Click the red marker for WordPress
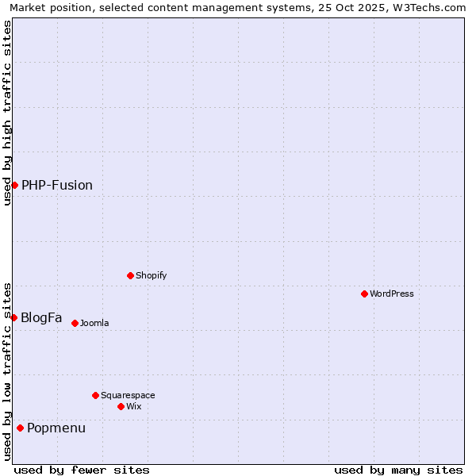tap(364, 294)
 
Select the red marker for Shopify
tap(130, 275)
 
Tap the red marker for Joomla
tap(75, 323)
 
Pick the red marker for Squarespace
tap(95, 395)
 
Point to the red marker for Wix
tap(121, 406)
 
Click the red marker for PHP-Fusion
tap(14, 185)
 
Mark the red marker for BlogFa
tap(13, 317)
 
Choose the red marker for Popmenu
tap(20, 428)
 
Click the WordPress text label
tap(392, 294)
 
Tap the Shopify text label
tap(152, 275)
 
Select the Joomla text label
tap(94, 323)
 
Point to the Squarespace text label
tap(128, 395)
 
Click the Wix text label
tap(134, 406)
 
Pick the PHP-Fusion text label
tap(57, 185)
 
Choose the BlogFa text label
tap(41, 317)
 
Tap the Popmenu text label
tap(56, 428)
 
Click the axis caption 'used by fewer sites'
tap(82, 470)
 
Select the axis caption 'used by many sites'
tap(398, 470)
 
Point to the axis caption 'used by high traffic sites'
tap(7, 113)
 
